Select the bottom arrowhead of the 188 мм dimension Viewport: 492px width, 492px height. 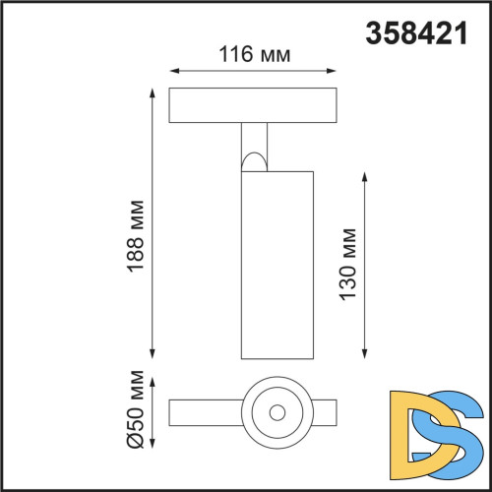[x=154, y=355]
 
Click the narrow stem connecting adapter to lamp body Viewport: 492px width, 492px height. [x=254, y=138]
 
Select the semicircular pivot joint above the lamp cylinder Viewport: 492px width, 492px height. [x=254, y=160]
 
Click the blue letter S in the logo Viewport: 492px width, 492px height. [x=455, y=433]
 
